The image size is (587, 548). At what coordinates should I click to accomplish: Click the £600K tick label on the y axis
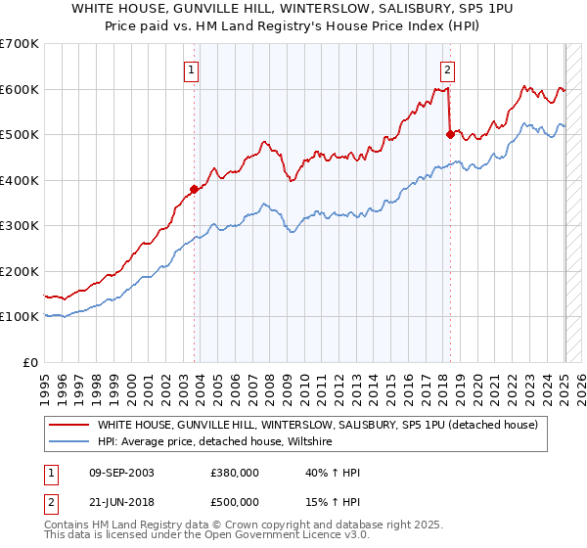click(x=20, y=89)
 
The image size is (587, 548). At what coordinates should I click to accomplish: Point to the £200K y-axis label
click(x=20, y=271)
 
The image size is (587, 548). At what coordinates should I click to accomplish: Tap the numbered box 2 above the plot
click(x=447, y=69)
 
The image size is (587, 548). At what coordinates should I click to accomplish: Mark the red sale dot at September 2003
click(x=194, y=190)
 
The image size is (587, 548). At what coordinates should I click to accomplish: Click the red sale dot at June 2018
click(x=450, y=135)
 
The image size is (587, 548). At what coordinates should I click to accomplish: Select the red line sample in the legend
click(x=68, y=425)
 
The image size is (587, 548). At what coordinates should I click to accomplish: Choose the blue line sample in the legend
click(x=68, y=442)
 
